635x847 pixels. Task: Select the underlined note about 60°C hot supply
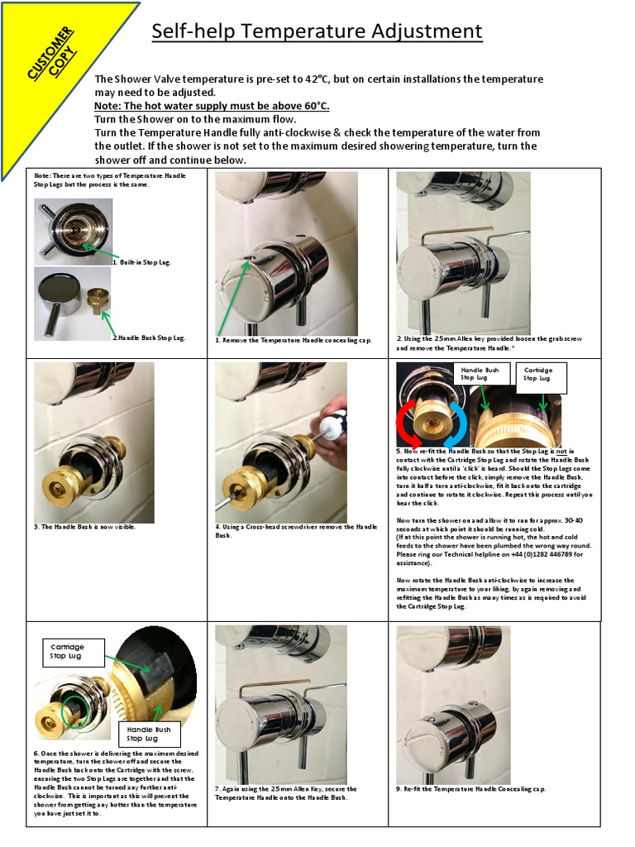212,106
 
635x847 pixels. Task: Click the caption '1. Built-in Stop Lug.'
142,262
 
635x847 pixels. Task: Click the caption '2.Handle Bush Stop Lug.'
149,337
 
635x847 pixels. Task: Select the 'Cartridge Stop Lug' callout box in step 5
538,373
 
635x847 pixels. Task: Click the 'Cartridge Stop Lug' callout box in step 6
74,651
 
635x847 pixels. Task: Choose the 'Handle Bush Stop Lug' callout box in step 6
149,734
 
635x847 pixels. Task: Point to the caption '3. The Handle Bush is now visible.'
84,527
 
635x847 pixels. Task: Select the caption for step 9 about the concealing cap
471,788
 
